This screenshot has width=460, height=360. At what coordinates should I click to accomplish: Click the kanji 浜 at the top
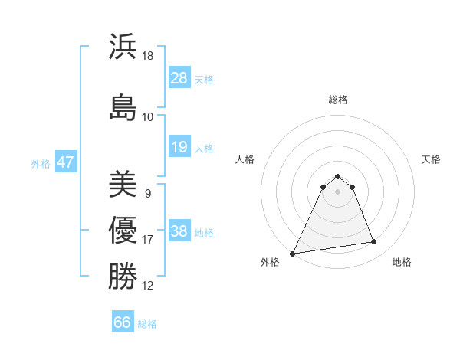(x=123, y=47)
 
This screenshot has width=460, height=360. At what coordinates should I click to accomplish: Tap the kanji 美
(x=123, y=184)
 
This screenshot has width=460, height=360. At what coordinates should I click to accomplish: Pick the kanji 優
(x=123, y=230)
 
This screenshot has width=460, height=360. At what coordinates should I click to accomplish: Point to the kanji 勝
(x=123, y=276)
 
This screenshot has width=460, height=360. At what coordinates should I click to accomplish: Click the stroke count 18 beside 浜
(x=148, y=56)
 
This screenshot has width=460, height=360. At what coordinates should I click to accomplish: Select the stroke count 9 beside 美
(x=147, y=194)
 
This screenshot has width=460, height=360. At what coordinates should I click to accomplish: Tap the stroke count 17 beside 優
(x=148, y=240)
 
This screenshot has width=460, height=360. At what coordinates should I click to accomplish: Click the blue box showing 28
(x=179, y=78)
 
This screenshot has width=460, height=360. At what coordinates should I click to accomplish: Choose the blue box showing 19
(x=179, y=147)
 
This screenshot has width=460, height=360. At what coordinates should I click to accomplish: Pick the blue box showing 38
(x=179, y=231)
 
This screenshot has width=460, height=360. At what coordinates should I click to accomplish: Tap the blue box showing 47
(x=65, y=162)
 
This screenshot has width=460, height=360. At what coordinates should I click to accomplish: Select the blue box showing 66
(x=123, y=322)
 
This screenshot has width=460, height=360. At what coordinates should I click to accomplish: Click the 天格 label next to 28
(x=204, y=79)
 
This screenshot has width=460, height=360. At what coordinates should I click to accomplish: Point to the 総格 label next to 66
(x=148, y=324)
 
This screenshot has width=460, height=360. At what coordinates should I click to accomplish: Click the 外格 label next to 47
(x=41, y=163)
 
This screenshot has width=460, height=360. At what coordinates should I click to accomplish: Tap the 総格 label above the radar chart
(x=338, y=100)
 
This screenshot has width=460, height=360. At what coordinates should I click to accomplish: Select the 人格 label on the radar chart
(x=245, y=159)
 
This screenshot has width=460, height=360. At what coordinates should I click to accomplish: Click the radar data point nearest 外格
(x=293, y=253)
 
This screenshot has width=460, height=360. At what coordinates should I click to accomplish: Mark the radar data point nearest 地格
(x=374, y=242)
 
